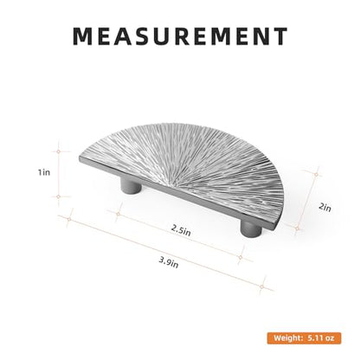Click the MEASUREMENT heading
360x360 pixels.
[x=180, y=36]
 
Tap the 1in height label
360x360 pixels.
[x=44, y=172]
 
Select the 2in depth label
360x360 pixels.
[x=325, y=208]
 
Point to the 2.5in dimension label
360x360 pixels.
[x=181, y=230]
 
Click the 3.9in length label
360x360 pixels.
[x=169, y=262]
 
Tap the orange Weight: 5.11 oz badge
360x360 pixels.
[x=304, y=338]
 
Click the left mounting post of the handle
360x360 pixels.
[x=131, y=185]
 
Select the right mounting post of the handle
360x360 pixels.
[x=251, y=228]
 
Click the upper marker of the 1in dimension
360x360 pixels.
[x=59, y=151]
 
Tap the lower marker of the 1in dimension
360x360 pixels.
[x=59, y=196]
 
